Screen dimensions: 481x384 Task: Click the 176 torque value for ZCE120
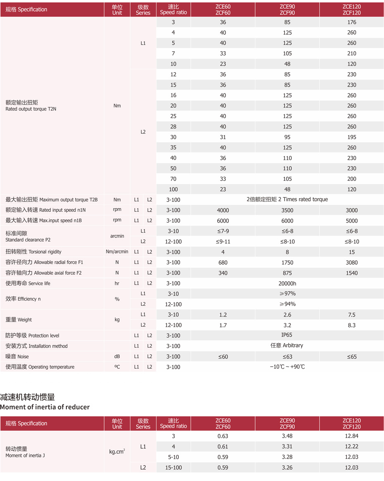tap(351, 22)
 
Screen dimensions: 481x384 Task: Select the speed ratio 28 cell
tap(173, 127)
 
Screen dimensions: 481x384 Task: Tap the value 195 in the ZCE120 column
tap(351, 137)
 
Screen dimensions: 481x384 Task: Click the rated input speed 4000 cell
tap(223, 210)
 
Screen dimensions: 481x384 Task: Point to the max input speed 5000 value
tap(351, 220)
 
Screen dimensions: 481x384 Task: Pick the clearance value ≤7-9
tap(223, 231)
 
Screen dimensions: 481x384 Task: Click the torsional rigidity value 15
tap(351, 252)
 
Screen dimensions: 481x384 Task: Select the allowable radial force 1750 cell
tap(287, 263)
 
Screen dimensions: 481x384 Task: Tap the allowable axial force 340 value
tap(223, 273)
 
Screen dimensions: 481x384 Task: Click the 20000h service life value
tap(287, 284)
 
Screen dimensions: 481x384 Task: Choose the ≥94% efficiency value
tap(287, 304)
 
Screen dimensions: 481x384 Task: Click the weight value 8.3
tap(351, 325)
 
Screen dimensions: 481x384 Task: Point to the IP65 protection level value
tap(287, 335)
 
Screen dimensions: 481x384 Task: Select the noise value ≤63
tap(287, 357)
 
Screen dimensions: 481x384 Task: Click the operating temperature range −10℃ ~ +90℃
tap(287, 367)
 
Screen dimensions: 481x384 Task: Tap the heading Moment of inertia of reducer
tap(45, 407)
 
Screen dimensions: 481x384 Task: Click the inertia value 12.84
tap(351, 436)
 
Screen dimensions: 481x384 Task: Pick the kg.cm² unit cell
tap(117, 452)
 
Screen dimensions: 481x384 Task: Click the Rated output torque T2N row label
tap(31, 106)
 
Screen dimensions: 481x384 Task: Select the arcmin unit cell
tap(117, 236)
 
